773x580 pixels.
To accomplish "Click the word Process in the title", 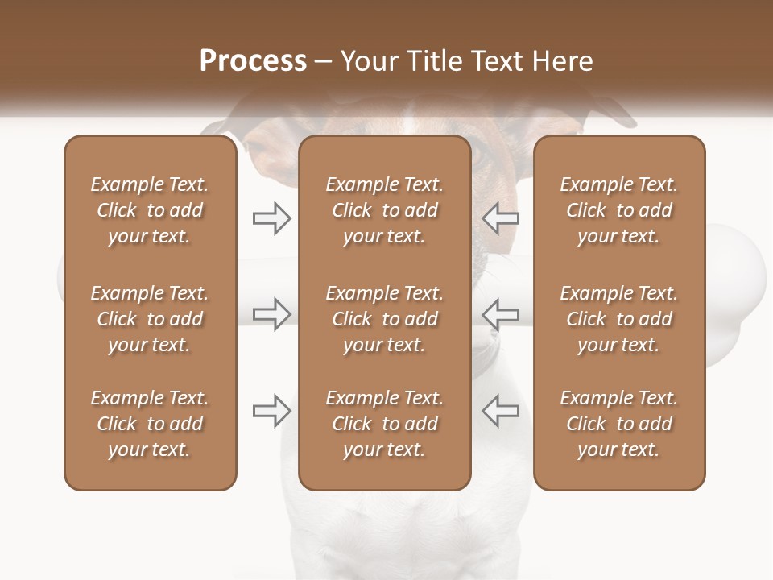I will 253,61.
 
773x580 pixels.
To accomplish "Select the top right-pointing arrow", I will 271,218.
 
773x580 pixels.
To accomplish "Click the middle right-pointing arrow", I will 271,314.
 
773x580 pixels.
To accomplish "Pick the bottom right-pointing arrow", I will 271,411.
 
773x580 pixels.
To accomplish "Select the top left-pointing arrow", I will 500,218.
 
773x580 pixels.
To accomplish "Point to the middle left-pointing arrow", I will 500,314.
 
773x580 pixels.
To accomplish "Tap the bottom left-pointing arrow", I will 500,411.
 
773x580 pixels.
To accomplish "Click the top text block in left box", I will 150,210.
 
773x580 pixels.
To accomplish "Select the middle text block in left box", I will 150,319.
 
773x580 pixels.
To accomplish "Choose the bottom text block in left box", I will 150,424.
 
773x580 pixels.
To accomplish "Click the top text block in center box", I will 384,210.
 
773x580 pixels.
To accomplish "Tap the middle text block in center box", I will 384,319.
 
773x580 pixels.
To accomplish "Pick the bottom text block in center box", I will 384,424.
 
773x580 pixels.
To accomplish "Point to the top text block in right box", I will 618,210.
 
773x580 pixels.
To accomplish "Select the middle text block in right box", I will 618,319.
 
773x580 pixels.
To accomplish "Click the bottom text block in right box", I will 618,424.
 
